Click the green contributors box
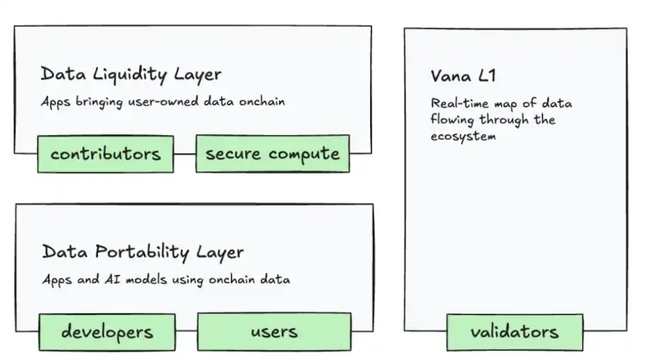pyautogui.click(x=105, y=153)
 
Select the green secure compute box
pyautogui.click(x=272, y=153)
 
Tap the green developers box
pyautogui.click(x=107, y=331)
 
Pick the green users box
pyautogui.click(x=274, y=331)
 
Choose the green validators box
pyautogui.click(x=514, y=332)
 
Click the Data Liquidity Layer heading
pyautogui.click(x=131, y=74)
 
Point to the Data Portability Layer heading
pyautogui.click(x=143, y=252)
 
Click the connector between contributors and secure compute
pyautogui.click(x=185, y=153)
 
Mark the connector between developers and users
pyautogui.click(x=186, y=331)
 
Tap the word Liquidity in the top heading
pyautogui.click(x=130, y=74)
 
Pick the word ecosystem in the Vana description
pyautogui.click(x=462, y=136)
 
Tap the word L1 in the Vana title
pyautogui.click(x=487, y=76)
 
